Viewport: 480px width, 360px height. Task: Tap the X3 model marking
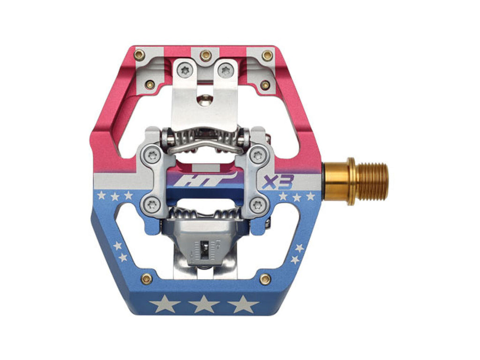pos(278,182)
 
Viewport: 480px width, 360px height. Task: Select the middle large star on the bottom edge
pos(203,304)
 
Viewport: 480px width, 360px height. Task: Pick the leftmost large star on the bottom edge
pos(165,304)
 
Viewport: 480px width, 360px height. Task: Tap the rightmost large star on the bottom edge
pos(243,304)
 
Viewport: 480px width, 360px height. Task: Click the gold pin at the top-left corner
pos(140,55)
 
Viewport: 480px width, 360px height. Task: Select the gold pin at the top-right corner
pos(268,55)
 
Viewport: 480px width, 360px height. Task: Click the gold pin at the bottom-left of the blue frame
pos(146,278)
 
